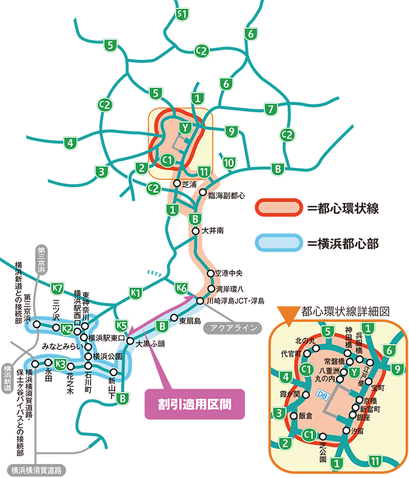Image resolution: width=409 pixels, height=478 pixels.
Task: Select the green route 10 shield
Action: tap(229, 162)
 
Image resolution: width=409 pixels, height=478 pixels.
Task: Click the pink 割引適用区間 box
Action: tap(195, 403)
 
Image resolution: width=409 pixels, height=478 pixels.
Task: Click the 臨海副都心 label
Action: tap(227, 196)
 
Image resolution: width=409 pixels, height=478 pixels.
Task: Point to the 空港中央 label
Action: tap(227, 273)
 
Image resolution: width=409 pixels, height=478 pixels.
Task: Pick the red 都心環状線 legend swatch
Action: tap(278, 208)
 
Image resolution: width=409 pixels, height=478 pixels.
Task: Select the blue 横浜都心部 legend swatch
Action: tap(278, 243)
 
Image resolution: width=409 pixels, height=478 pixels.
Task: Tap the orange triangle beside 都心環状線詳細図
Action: tap(288, 313)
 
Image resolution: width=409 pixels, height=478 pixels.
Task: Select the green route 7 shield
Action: tap(271, 109)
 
